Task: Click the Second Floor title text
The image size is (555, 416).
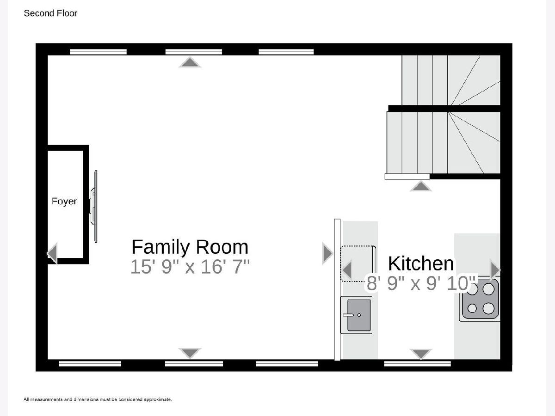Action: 50,13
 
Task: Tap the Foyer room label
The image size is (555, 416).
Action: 64,202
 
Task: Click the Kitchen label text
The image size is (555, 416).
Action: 421,263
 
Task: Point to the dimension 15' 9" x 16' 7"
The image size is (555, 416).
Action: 190,267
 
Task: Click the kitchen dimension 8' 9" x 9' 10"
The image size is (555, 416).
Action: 421,283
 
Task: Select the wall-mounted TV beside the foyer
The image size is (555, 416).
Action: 94,206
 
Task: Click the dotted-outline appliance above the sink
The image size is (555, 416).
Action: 358,263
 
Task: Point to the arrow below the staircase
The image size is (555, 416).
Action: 421,186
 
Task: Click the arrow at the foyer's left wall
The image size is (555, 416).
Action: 52,253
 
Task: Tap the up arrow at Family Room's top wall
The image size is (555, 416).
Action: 190,62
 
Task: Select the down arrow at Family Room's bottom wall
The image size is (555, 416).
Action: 190,353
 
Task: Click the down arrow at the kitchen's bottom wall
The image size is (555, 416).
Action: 421,354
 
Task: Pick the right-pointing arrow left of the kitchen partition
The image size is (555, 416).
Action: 328,253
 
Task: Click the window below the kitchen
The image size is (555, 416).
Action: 418,363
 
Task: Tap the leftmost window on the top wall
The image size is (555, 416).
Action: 98,52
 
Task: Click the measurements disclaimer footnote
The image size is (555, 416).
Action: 98,399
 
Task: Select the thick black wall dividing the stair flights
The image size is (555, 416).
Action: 444,108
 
